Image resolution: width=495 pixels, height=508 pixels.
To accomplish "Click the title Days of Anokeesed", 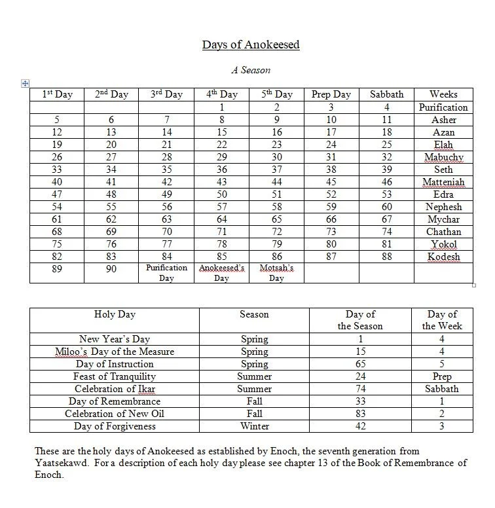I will click(x=251, y=45).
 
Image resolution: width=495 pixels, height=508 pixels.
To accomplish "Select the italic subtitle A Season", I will click(x=250, y=69).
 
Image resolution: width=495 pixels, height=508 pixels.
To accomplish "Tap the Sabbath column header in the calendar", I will click(x=386, y=95).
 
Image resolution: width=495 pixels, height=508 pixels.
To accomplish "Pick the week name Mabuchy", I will click(x=443, y=157).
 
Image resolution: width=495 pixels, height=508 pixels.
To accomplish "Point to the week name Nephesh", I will click(x=443, y=207).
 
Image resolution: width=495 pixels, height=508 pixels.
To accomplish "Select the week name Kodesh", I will click(x=443, y=257).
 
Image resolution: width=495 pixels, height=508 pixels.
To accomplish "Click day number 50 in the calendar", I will click(x=221, y=194).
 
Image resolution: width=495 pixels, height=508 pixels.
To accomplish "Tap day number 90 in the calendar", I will click(x=111, y=269).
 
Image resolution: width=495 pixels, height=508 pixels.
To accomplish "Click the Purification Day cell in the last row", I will click(x=166, y=273).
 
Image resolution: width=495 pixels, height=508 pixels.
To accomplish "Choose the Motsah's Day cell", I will click(x=276, y=273).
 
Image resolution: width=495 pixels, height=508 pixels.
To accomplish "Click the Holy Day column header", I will click(x=115, y=314).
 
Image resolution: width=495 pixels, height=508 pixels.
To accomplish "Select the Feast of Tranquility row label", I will click(x=115, y=376).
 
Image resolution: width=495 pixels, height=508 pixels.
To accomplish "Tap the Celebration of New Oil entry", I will click(x=115, y=414).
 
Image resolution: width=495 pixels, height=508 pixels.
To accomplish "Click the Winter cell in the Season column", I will click(x=254, y=426).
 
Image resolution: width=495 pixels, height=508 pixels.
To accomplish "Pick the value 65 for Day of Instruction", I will click(x=359, y=364).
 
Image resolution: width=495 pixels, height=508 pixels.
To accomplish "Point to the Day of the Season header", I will click(x=359, y=320).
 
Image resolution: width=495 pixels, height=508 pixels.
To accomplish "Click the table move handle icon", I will click(x=25, y=83).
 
